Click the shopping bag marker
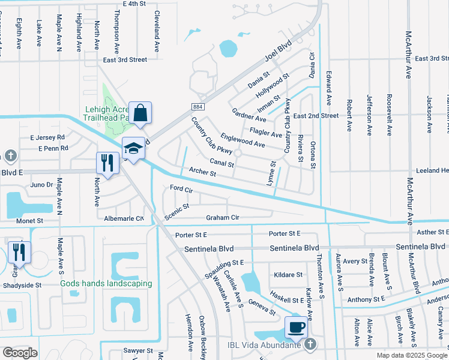(x=140, y=113)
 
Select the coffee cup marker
(x=296, y=328)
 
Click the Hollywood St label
(x=273, y=86)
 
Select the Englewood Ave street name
(x=243, y=140)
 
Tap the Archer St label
(x=202, y=173)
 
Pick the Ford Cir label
(x=181, y=189)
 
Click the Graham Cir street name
(x=223, y=217)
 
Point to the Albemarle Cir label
(x=124, y=218)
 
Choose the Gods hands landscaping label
(x=106, y=283)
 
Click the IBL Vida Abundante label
(x=270, y=344)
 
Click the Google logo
(x=20, y=353)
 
